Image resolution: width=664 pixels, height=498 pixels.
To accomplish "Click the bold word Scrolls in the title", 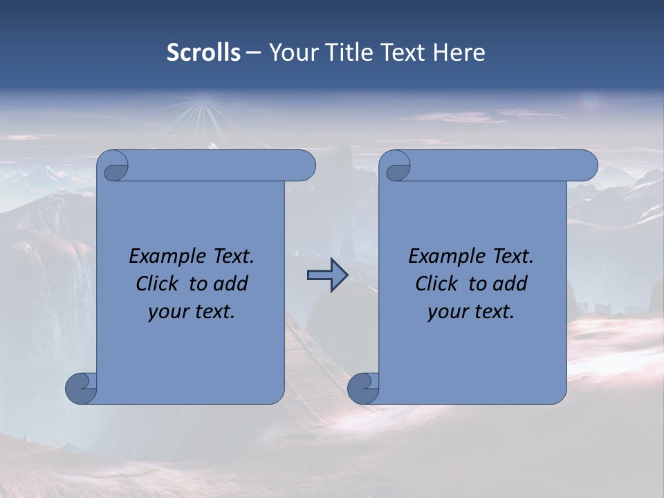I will [203, 52].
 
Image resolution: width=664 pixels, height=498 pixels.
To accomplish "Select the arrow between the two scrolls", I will [327, 275].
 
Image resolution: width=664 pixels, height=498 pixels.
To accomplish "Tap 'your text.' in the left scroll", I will [192, 312].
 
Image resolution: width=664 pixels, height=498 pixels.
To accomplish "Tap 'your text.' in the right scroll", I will [471, 312].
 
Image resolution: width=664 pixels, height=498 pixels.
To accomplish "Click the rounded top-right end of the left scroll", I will [304, 165].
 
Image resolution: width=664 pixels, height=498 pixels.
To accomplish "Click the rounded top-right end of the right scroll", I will [587, 165].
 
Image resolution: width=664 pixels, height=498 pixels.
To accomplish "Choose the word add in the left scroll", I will [230, 284].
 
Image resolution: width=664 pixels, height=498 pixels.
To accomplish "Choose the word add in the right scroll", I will [510, 284].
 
